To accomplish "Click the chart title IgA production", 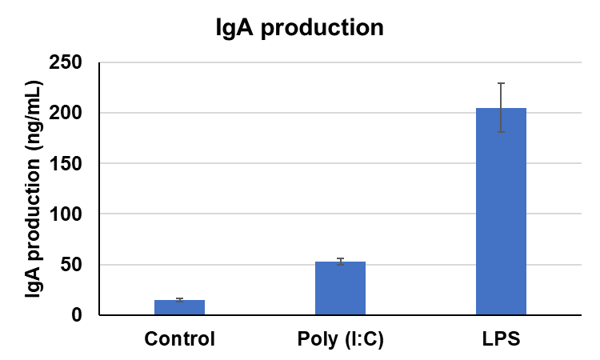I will [x=300, y=28].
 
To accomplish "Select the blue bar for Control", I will [x=179, y=307].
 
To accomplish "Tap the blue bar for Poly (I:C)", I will [x=340, y=289].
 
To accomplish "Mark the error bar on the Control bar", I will [x=179, y=299].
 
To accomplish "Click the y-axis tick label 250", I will [x=66, y=62].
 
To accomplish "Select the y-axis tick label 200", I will [x=66, y=113].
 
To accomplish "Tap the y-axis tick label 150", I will [x=66, y=163].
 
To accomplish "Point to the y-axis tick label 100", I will [x=66, y=214].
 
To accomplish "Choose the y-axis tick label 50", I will [x=71, y=265].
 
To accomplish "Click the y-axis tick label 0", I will [x=77, y=315].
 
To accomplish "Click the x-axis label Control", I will [x=179, y=338].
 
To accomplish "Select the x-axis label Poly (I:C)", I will [x=340, y=338].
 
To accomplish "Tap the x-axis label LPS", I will [x=501, y=338].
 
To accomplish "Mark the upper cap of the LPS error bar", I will [x=501, y=83].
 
